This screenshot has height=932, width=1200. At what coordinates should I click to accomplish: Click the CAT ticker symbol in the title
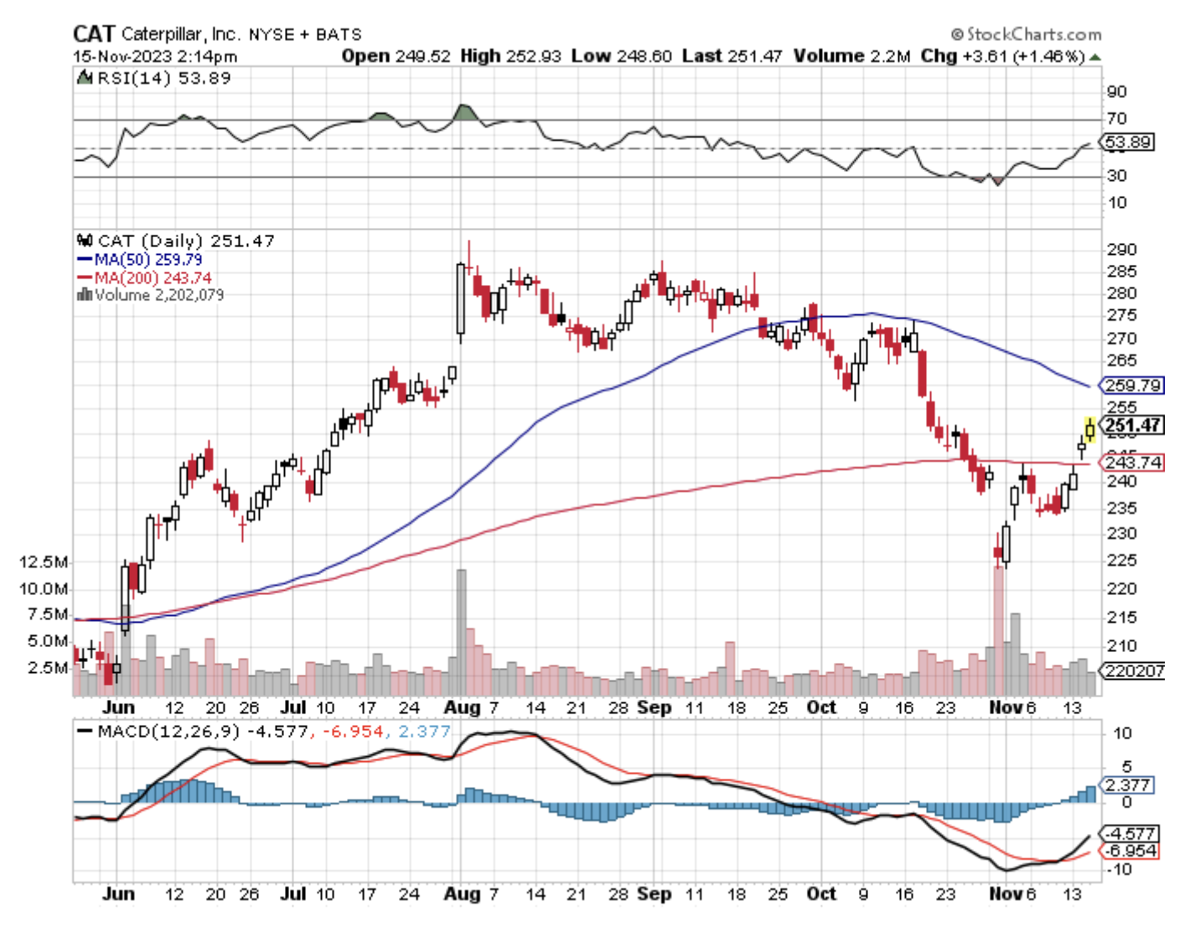[x=93, y=34]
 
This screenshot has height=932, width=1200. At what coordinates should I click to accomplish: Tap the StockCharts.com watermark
[x=1027, y=34]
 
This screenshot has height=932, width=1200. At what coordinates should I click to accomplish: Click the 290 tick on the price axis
[x=1121, y=250]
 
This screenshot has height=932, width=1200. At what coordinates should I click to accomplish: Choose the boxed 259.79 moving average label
[x=1133, y=386]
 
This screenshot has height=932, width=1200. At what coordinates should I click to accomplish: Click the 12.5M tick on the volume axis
[x=44, y=562]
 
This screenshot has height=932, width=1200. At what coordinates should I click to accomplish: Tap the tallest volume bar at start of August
[x=461, y=632]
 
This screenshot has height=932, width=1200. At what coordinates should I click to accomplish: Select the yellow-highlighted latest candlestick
[x=1089, y=430]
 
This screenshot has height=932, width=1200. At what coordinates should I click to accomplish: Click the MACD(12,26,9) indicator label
[x=168, y=731]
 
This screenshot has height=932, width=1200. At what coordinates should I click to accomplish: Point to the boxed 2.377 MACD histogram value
[x=1127, y=785]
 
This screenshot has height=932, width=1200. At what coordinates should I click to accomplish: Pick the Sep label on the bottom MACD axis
[x=654, y=893]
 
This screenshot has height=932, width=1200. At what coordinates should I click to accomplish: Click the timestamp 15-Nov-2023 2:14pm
[x=155, y=56]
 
